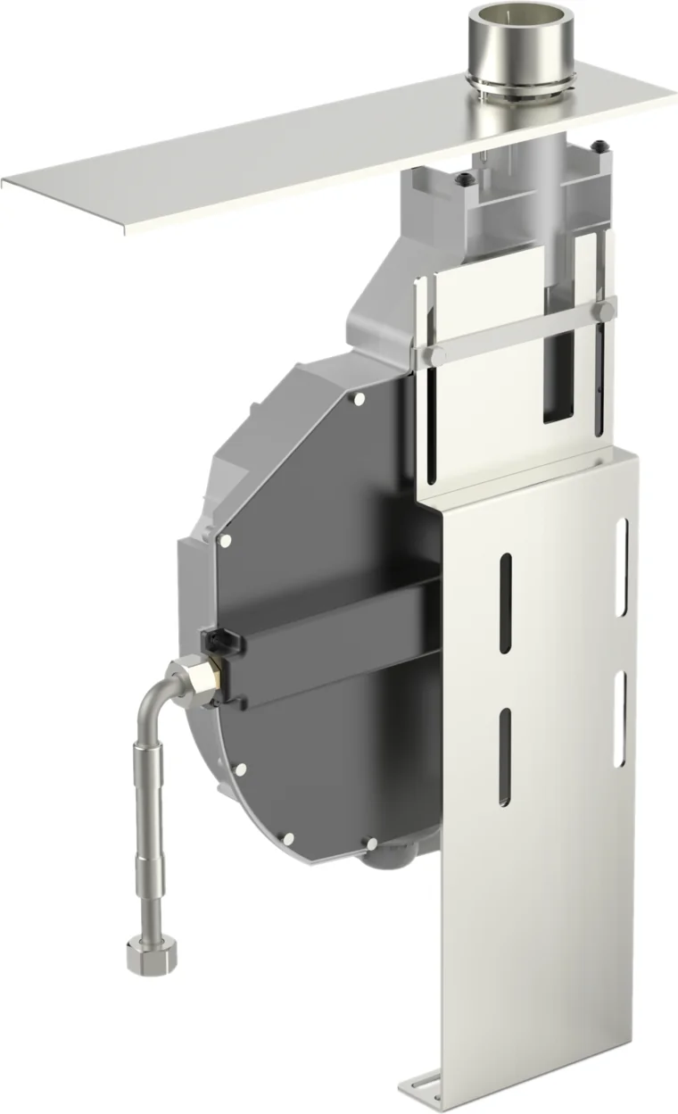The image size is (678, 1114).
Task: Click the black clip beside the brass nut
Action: [x=217, y=640]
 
